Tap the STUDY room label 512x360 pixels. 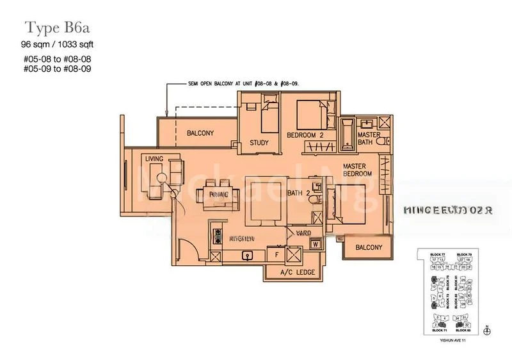click(x=259, y=143)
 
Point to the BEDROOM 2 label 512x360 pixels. click(x=306, y=135)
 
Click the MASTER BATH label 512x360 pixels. click(x=369, y=139)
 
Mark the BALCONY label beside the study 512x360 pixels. click(x=200, y=133)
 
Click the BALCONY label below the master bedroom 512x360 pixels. click(x=366, y=247)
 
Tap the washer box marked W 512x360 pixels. click(x=316, y=243)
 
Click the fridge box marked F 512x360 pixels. click(x=276, y=254)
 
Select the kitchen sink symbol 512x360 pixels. click(x=245, y=254)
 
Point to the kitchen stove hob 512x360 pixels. click(x=215, y=233)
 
